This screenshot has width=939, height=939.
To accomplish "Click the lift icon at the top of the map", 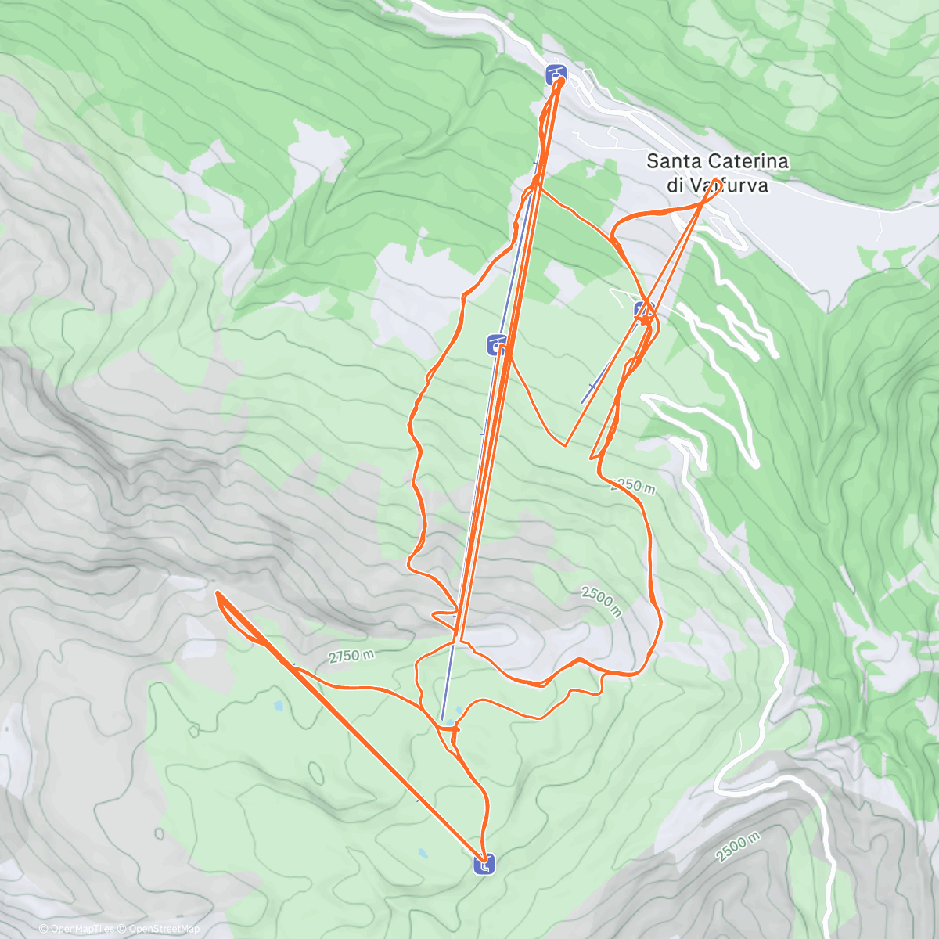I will [556, 74].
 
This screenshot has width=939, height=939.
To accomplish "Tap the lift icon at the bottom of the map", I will [484, 865].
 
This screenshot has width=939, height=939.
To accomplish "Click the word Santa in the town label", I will [676, 162].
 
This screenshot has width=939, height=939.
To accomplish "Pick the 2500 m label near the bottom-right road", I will [737, 847].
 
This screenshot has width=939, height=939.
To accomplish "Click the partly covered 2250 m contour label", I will [634, 486].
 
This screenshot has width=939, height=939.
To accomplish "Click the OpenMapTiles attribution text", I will [77, 929].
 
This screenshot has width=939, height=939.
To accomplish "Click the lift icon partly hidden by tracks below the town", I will [643, 310].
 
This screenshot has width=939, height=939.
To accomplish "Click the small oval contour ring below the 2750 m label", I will [317, 772].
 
